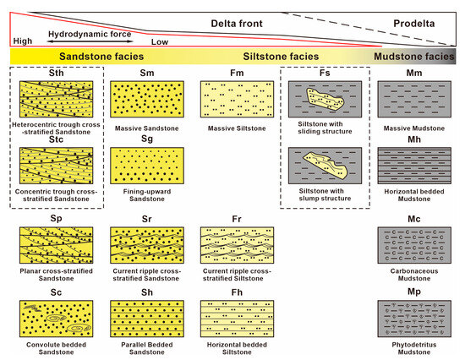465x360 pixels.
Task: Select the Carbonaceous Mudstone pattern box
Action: tap(416, 247)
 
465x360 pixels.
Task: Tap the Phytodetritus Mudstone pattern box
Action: tap(416, 319)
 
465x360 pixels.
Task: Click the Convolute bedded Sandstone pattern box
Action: tap(57, 319)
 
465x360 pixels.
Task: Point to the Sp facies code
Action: tap(57, 219)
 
